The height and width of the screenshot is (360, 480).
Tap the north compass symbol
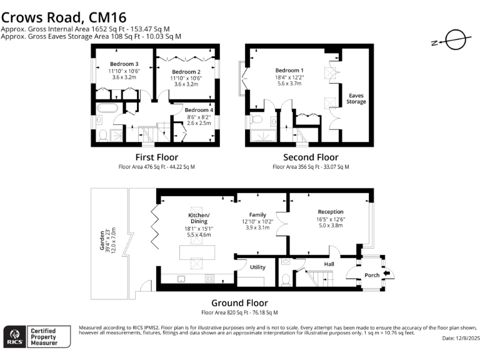pos(454,40)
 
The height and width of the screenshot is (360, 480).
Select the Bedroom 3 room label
pos(124,64)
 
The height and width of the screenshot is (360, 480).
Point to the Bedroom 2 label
pos(186,72)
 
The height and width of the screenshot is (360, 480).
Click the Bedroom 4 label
pos(199,110)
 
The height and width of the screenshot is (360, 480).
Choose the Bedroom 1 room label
pos(289,70)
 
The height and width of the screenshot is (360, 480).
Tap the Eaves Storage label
pos(357,98)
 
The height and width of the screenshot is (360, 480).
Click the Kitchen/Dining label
pos(199,218)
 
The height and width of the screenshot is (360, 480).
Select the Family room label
pos(257,214)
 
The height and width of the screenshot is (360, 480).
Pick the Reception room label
pos(330,212)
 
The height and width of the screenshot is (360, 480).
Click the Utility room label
pos(257,267)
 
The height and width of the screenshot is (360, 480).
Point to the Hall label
pos(329,264)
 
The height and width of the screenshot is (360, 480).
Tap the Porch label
pos(372,275)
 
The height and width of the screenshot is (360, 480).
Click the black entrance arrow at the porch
pos(386,273)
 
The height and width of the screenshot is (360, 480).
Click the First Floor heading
pos(156,157)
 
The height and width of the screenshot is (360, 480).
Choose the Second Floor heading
pos(311,157)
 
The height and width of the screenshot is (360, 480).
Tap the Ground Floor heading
pos(239,303)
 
